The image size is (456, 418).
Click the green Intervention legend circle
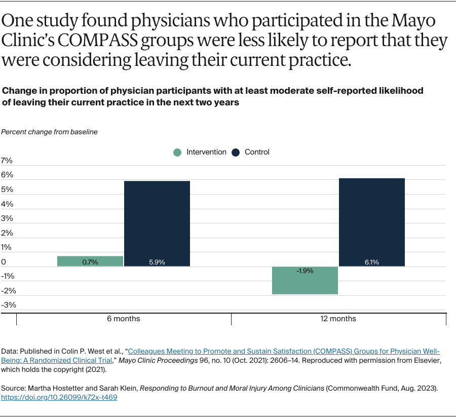coord(177,152)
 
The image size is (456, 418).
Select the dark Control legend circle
coord(236,152)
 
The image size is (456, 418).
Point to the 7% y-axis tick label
coord(7,161)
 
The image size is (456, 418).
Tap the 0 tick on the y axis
coord(4,262)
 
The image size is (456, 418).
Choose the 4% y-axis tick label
coord(7,204)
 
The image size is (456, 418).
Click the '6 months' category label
coord(124,319)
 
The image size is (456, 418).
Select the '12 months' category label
coord(338,319)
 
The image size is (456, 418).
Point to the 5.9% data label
coord(157,262)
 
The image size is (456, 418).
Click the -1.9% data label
coord(305,271)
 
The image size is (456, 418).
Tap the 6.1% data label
coord(371,262)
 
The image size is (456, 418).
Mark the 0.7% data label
coord(90,262)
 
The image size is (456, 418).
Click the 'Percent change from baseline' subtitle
coord(49,132)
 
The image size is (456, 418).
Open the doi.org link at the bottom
coord(59,398)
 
